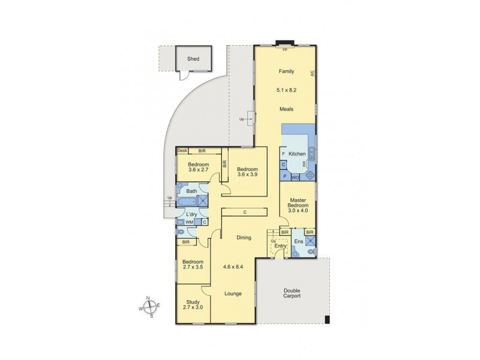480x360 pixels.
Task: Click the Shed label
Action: (x=193, y=59)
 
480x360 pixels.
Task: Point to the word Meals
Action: (x=286, y=109)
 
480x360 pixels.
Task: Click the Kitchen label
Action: (x=297, y=154)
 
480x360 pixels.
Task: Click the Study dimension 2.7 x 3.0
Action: (x=193, y=307)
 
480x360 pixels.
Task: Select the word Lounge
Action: (x=233, y=294)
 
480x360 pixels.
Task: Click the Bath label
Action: (x=191, y=191)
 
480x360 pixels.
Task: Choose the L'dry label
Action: (x=191, y=214)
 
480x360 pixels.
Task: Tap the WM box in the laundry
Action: (x=189, y=223)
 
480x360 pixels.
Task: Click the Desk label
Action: (x=182, y=151)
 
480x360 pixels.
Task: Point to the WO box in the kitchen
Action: (x=295, y=177)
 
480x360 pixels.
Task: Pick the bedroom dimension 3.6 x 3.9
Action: (x=246, y=175)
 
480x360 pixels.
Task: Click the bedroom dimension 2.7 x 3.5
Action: (x=193, y=268)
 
